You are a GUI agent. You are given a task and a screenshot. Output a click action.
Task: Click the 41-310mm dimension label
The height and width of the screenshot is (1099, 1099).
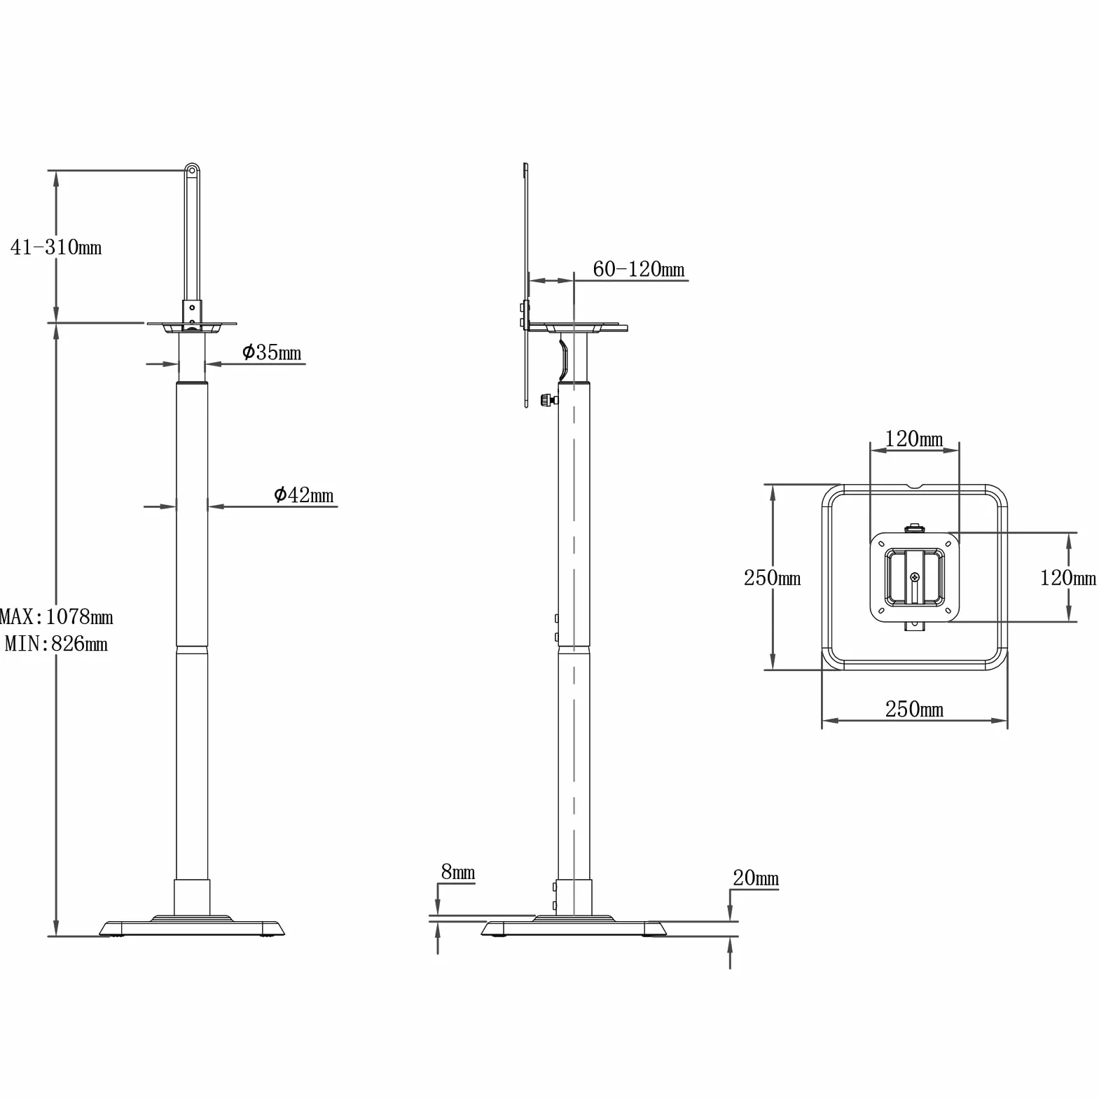[56, 247]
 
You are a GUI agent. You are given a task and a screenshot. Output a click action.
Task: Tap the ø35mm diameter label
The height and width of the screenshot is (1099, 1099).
[272, 352]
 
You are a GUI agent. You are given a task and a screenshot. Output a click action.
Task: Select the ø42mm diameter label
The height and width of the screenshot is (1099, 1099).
[303, 495]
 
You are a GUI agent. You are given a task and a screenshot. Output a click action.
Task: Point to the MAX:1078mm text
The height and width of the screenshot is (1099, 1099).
[56, 616]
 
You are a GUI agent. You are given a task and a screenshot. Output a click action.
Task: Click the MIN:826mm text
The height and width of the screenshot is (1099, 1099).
[56, 643]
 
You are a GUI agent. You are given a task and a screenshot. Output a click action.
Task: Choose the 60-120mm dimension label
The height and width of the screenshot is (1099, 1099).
[639, 269]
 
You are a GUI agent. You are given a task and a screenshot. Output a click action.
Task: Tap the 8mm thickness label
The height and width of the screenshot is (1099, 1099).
[458, 872]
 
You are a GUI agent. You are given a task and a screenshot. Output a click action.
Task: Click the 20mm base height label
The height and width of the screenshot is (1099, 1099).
[756, 878]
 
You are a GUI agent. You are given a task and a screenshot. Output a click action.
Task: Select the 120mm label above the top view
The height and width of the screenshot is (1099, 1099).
[914, 438]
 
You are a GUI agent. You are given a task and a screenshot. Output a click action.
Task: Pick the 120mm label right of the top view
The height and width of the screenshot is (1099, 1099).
[1068, 577]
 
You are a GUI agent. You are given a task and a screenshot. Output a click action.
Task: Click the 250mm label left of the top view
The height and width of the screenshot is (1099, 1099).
[772, 577]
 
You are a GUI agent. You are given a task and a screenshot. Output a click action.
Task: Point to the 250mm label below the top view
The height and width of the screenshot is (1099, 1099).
[914, 709]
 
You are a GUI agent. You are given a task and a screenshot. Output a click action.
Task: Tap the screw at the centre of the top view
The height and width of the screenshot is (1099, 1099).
[915, 577]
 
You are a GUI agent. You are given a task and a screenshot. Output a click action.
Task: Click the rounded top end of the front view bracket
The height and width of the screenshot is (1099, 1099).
[192, 170]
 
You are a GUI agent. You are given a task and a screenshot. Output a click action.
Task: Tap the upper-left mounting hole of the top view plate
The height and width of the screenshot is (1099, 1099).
[881, 544]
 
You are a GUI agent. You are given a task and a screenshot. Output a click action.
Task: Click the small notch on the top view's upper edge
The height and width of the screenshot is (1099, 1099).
[914, 487]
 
